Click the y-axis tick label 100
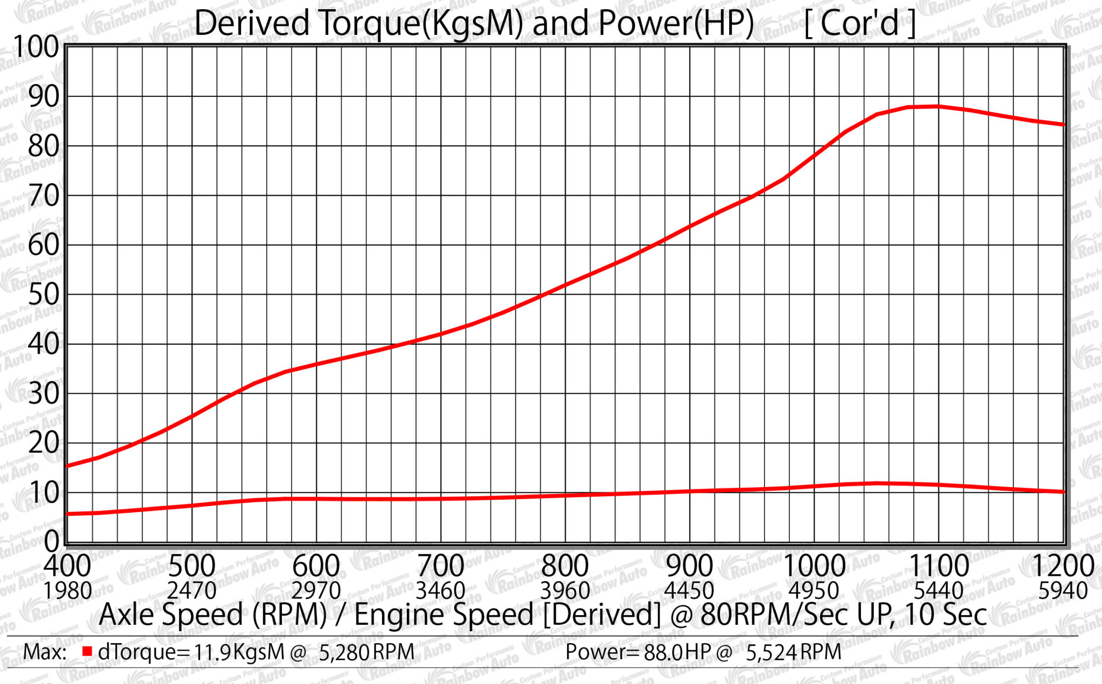click(36, 47)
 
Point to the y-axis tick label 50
click(43, 294)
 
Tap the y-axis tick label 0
click(53, 541)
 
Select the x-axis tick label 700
click(441, 566)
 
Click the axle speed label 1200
click(1063, 566)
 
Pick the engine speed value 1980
click(67, 591)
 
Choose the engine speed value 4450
click(689, 591)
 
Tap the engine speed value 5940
click(1063, 591)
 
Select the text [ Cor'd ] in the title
click(860, 24)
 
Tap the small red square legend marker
click(87, 652)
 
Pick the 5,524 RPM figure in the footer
click(793, 652)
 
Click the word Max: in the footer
click(45, 652)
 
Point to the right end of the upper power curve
click(1063, 124)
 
